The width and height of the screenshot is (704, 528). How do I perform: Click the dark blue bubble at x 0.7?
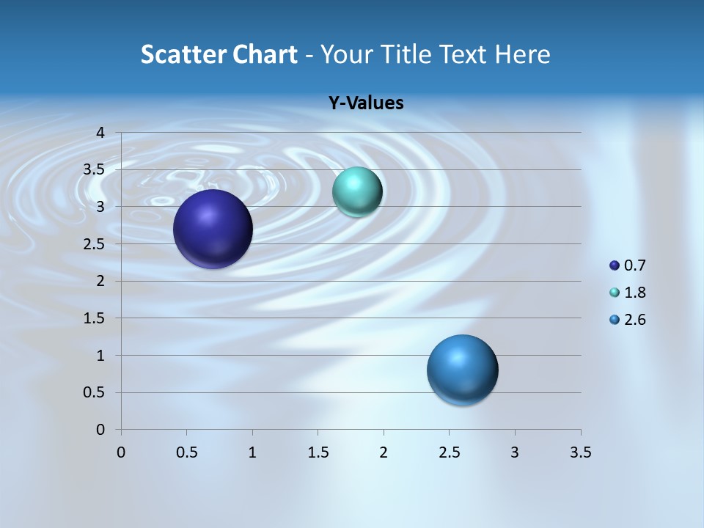(213, 229)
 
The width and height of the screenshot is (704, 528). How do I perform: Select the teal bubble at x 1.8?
(357, 192)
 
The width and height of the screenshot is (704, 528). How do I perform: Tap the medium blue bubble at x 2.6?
(462, 370)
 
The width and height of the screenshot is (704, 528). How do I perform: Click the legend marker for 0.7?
(615, 265)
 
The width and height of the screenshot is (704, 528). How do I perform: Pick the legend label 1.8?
(634, 293)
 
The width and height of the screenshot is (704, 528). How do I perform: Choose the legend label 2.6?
(634, 320)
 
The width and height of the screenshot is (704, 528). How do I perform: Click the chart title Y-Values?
(365, 103)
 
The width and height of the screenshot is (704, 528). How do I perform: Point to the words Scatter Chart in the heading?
(219, 54)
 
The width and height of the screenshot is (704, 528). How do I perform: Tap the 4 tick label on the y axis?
(100, 133)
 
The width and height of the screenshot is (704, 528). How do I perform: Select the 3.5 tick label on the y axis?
(94, 169)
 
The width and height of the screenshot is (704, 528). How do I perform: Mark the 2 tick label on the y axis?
(100, 281)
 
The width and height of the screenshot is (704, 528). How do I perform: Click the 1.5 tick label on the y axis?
(94, 318)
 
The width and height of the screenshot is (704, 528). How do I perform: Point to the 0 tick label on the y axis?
(100, 430)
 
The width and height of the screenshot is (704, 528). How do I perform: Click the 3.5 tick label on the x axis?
(580, 452)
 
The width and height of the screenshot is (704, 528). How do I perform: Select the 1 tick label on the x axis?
(252, 452)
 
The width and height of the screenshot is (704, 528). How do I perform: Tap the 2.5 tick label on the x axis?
(449, 452)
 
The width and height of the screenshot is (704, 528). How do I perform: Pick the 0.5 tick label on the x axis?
(186, 452)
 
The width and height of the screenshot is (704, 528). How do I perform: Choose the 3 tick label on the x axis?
(515, 452)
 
